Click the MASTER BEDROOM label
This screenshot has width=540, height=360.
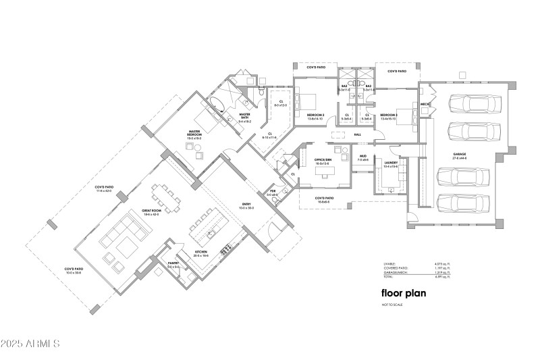click(x=194, y=135)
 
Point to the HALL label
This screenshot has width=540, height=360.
click(x=358, y=134)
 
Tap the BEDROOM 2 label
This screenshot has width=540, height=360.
click(x=315, y=115)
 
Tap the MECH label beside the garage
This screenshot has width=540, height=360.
click(x=425, y=105)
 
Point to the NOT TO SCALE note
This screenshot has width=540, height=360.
click(x=391, y=306)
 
